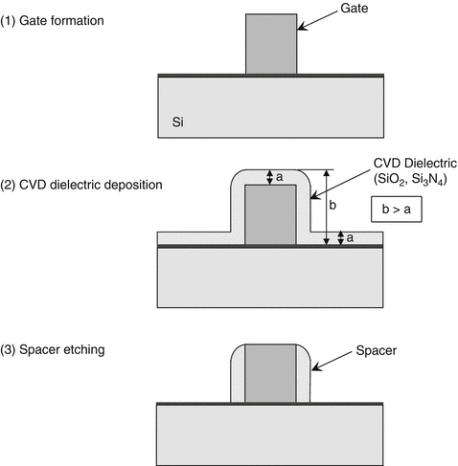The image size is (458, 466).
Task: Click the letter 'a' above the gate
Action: tap(279, 177)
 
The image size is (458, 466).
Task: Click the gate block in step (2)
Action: tap(270, 213)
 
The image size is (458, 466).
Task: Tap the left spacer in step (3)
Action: tap(239, 376)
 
